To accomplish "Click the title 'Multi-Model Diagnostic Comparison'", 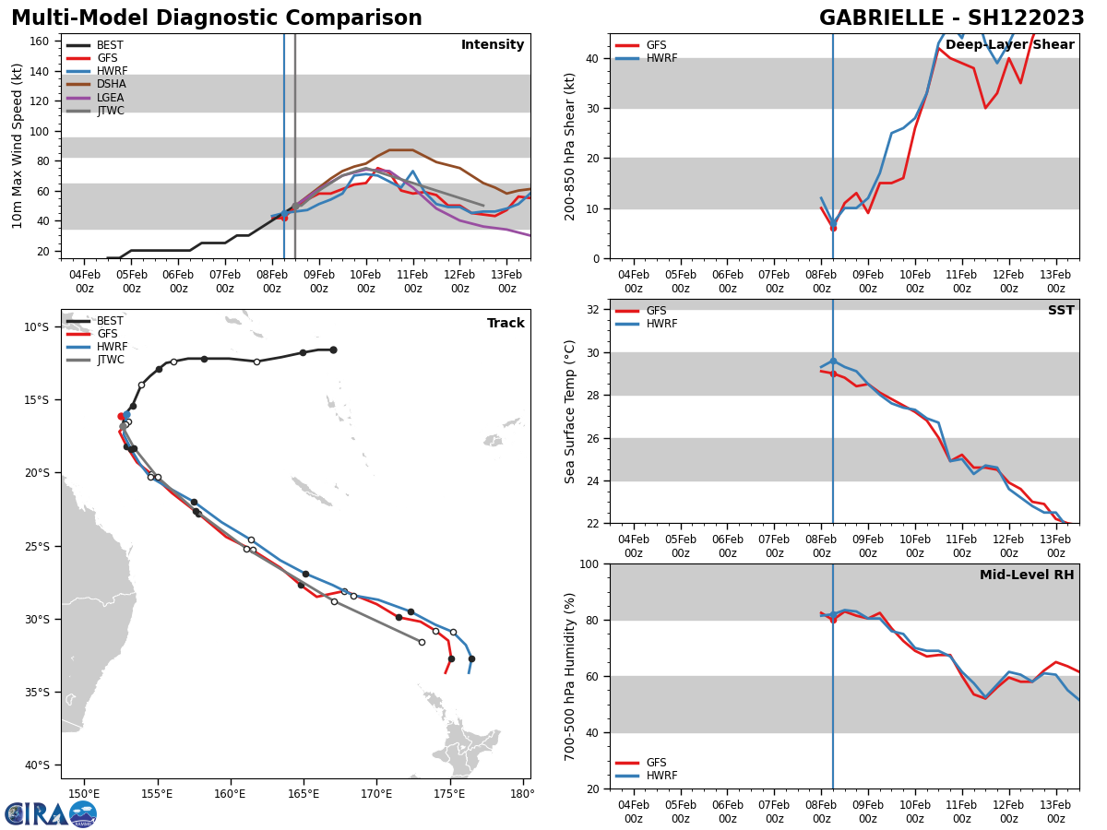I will pos(216,18).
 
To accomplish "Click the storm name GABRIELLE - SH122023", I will pos(951,18).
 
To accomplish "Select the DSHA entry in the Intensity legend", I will pos(110,84).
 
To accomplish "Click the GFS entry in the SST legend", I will pos(656,311).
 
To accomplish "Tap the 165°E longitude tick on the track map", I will pos(304,794).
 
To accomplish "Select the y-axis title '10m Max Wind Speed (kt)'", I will pos(18,146).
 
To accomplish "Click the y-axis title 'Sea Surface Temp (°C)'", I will pos(571,411).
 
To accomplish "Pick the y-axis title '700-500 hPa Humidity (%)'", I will pos(571,676).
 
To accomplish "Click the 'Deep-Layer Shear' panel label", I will pos(1009,45).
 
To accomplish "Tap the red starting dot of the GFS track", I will pos(121,416).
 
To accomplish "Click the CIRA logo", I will pos(51,813).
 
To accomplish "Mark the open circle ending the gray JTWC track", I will pos(422,642).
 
